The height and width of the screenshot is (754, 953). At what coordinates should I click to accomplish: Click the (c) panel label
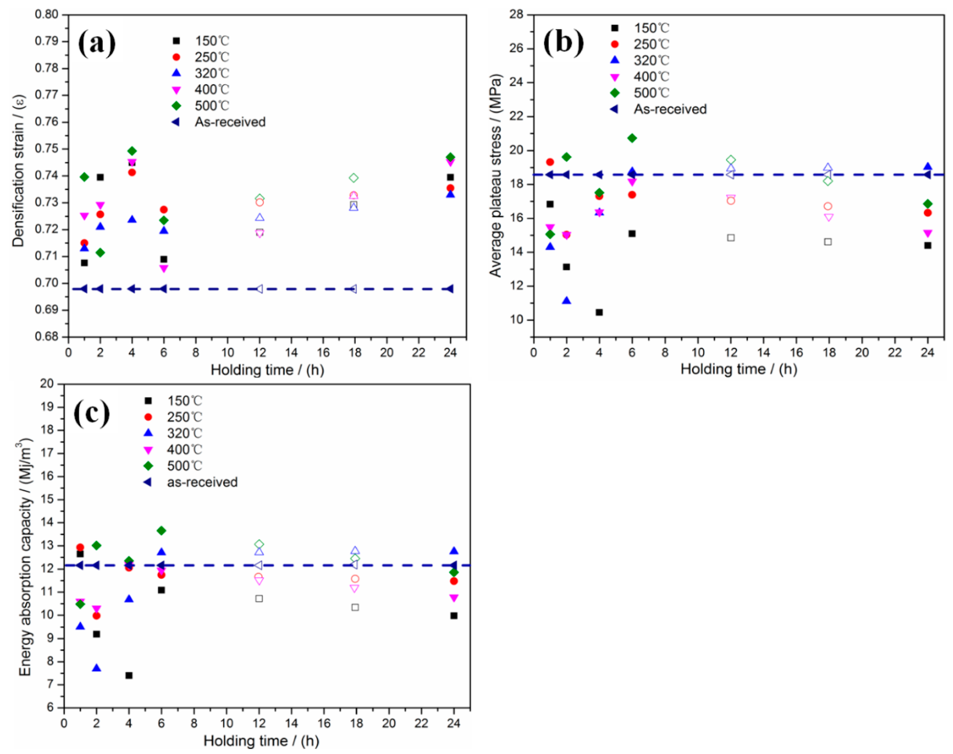point(91,414)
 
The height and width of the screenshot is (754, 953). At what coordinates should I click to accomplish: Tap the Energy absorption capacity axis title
point(26,557)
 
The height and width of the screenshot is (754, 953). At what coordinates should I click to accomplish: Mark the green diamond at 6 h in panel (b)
point(632,138)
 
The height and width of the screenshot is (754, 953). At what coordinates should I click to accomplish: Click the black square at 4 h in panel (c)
point(129,675)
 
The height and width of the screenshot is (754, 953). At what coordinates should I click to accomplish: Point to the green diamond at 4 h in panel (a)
point(132,151)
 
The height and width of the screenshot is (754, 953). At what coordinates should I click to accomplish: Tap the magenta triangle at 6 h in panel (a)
point(164,268)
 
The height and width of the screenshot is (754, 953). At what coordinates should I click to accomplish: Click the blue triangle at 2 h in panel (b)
point(566,301)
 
